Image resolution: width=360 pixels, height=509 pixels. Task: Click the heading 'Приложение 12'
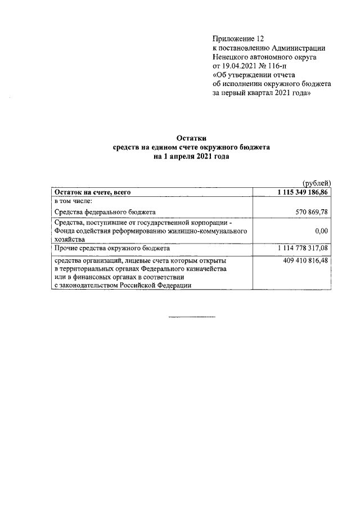point(238,39)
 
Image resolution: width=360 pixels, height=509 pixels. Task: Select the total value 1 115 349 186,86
point(303,192)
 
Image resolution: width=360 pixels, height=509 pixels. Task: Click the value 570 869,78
point(311,211)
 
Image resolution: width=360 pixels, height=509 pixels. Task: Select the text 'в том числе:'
point(73,201)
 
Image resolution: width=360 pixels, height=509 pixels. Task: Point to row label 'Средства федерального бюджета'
point(105,211)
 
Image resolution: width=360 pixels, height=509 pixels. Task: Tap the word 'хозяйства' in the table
point(70,238)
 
